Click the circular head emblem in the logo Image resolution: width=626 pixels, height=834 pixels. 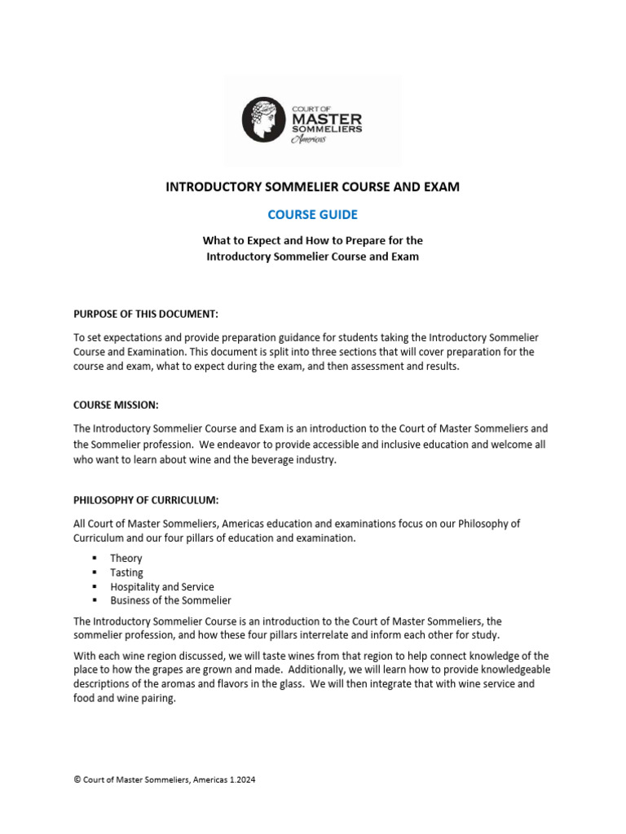click(x=266, y=120)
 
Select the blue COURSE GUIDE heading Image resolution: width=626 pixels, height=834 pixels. click(x=313, y=215)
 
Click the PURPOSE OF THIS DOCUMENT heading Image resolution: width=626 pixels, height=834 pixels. click(x=146, y=314)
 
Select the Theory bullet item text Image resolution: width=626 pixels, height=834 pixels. click(x=126, y=558)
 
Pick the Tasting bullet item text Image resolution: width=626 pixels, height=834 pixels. click(x=126, y=573)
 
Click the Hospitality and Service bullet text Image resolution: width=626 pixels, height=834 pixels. click(x=162, y=586)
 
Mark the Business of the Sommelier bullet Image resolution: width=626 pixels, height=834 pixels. click(x=170, y=600)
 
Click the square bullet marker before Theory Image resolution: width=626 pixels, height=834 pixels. click(x=95, y=558)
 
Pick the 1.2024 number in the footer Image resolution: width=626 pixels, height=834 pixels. click(x=240, y=779)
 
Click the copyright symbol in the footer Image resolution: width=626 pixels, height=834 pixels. click(x=77, y=779)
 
